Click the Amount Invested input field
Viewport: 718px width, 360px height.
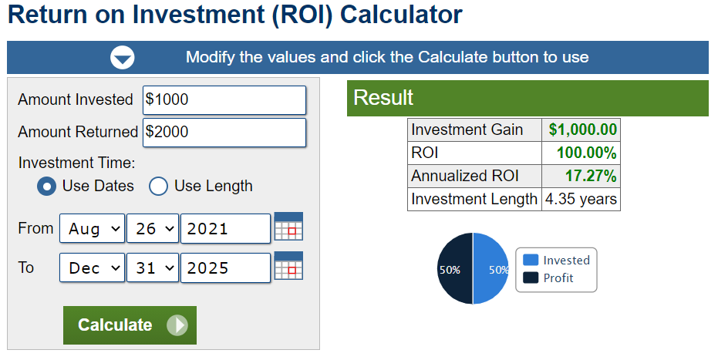224,99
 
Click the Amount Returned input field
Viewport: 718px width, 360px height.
224,133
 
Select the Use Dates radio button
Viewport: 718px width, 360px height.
47,187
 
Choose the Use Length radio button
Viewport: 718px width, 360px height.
158,187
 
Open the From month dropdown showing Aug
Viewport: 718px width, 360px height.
92,228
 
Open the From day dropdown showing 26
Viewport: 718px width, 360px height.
153,228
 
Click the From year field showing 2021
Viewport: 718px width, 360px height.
225,228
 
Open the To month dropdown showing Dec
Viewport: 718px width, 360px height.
92,267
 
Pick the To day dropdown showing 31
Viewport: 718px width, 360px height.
153,267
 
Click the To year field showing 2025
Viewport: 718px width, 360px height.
225,267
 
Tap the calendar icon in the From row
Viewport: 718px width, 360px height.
288,226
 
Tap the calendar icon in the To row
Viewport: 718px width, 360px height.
288,265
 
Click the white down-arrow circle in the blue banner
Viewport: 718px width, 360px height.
123,58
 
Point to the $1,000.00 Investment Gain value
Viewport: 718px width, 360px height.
583,130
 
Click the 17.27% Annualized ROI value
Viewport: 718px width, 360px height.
591,176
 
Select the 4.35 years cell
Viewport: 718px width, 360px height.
581,200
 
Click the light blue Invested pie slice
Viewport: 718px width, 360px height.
490,268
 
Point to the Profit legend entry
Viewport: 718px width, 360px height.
548,278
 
